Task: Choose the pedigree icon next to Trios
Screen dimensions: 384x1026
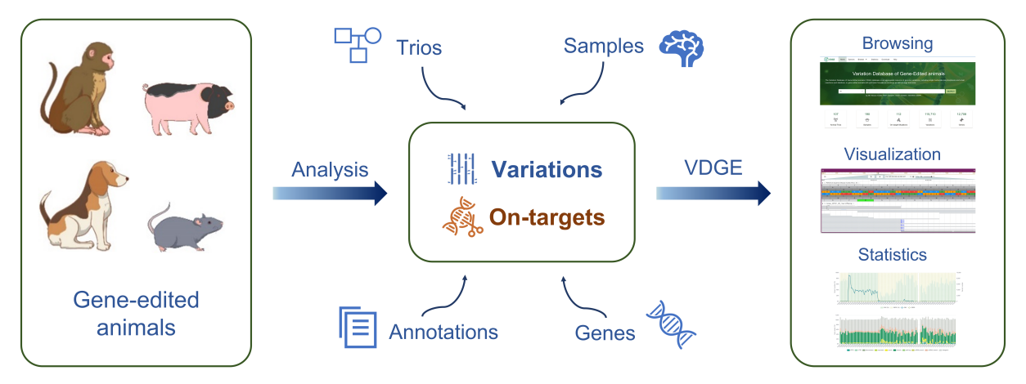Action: tap(358, 44)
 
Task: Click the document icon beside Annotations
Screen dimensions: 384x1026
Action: tap(358, 327)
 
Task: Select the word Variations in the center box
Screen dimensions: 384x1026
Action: tap(547, 170)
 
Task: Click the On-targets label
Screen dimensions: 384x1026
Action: tap(547, 217)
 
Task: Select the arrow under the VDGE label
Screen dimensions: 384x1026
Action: tap(713, 193)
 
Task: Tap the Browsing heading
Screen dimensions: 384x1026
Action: tap(898, 43)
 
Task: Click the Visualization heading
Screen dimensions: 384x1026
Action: tap(893, 154)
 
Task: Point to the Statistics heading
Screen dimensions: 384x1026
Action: tap(892, 255)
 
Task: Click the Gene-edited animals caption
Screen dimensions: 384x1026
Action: tap(136, 314)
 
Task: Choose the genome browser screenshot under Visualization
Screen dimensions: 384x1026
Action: tap(898, 200)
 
